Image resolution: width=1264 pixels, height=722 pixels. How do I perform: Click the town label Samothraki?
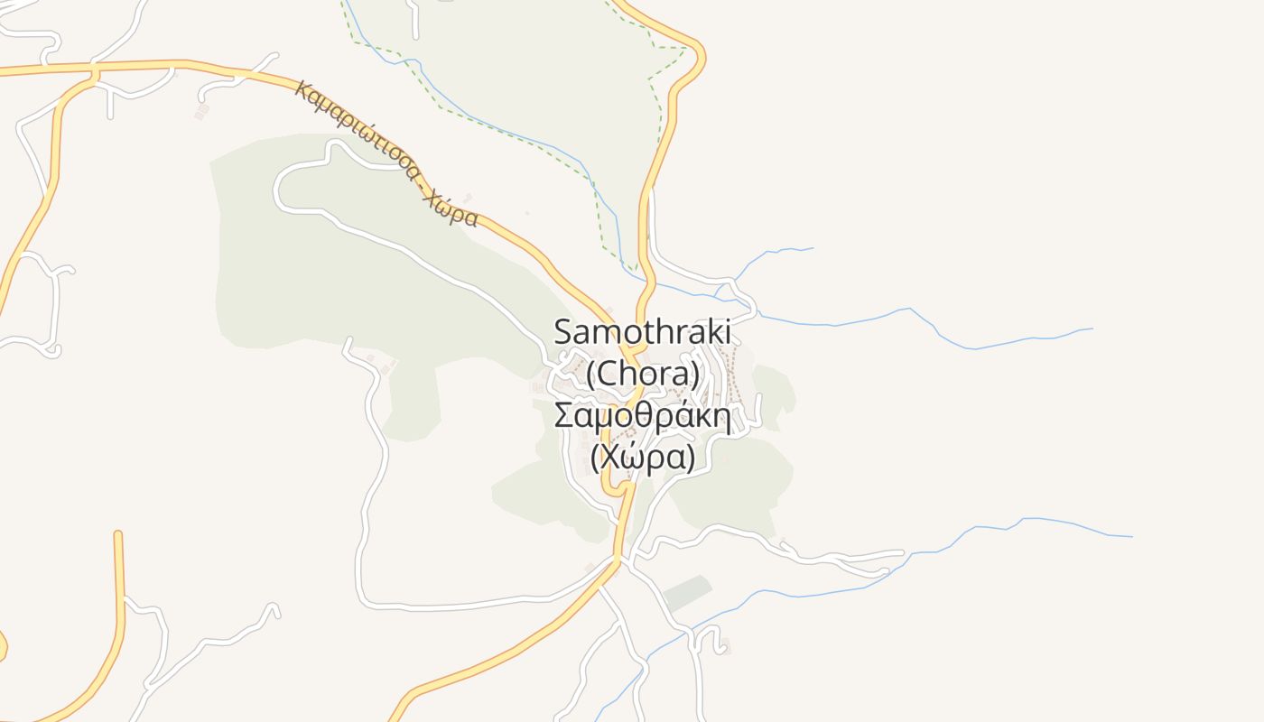coord(642,331)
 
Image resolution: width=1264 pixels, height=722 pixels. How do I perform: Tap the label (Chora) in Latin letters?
coord(642,373)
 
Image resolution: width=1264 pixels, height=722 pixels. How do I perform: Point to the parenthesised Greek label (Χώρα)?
coord(642,458)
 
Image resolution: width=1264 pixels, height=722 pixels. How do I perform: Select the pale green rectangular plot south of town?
coord(686,594)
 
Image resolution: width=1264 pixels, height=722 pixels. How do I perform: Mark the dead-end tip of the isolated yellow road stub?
coord(117,534)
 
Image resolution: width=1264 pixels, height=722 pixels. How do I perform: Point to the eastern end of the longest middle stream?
coord(1092,329)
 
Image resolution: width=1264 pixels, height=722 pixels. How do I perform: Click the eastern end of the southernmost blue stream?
coord(1131,537)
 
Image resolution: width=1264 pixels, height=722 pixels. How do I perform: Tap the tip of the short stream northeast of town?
coord(813,248)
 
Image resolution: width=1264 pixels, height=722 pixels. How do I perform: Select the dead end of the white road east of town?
coord(901,552)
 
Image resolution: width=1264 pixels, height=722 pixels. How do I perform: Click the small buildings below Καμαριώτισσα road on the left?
coord(201,112)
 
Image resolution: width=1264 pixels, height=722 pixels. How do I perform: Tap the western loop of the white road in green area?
coord(278,190)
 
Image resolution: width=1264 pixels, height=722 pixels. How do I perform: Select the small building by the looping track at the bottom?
coord(725,646)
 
